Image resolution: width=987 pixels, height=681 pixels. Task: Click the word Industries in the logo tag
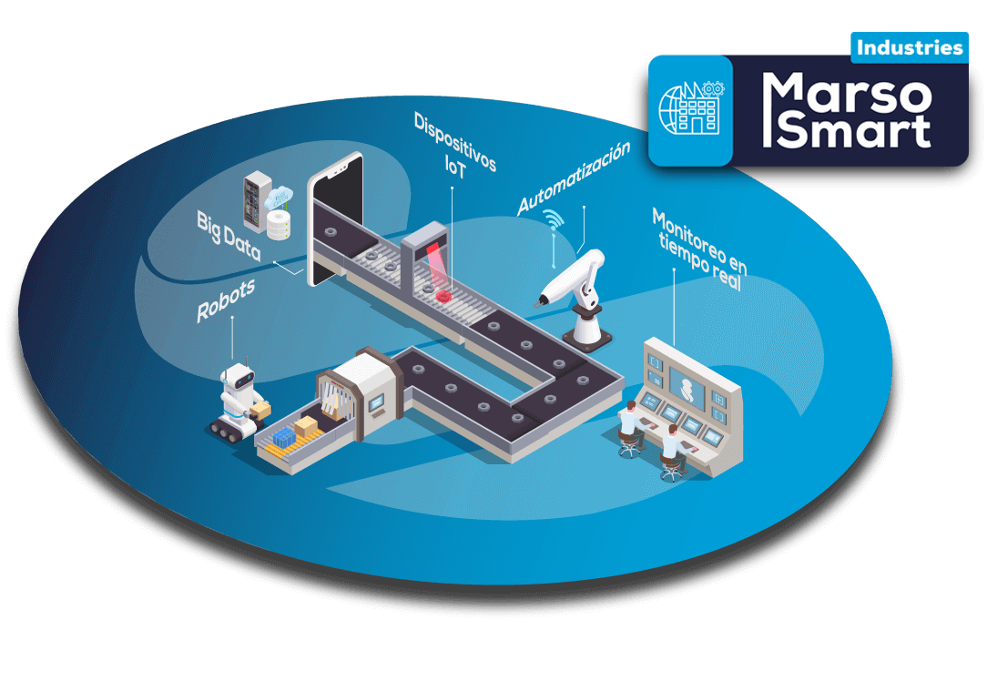pos(909,47)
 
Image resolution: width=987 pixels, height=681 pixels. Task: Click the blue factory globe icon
pos(690,110)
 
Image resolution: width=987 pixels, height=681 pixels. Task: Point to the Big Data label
pos(228,236)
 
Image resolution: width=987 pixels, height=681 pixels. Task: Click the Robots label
pos(225,300)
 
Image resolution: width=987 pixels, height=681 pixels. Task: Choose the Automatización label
pos(574,178)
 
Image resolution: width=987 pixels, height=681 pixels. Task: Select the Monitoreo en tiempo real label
pos(699,249)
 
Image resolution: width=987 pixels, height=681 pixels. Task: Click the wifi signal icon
pos(552,220)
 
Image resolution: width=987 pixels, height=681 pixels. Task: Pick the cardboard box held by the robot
pos(260,411)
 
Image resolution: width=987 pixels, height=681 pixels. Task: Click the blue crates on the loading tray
pos(284,438)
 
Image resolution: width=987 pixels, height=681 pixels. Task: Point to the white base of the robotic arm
pos(587,330)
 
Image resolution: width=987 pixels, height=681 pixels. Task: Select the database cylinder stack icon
pos(279,223)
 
